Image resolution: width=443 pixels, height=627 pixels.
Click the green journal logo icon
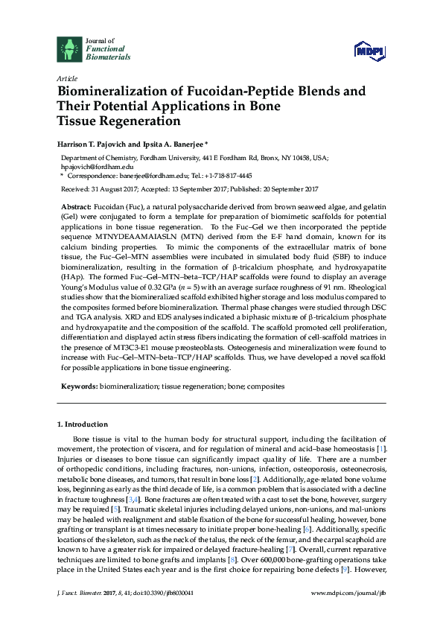click(69, 48)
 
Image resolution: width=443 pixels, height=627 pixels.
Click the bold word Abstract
click(76, 206)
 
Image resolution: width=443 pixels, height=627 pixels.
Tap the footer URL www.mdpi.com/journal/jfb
click(349, 611)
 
